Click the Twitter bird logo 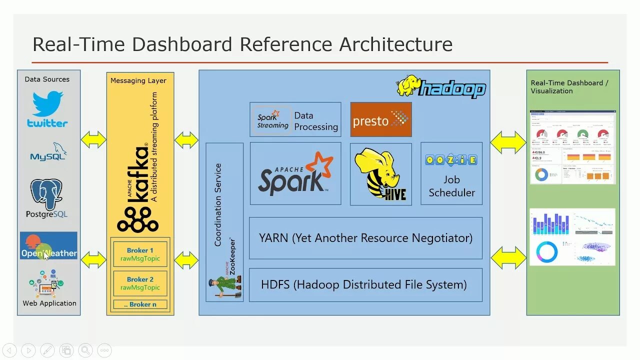pos(48,103)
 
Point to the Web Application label pos(49,303)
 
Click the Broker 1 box pos(140,254)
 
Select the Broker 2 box pos(140,283)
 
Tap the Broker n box pos(140,304)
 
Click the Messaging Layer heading pos(138,80)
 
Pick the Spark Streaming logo pos(272,119)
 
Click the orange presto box pos(380,119)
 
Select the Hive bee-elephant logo pos(380,173)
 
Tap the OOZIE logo pos(451,160)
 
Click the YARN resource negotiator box pos(365,238)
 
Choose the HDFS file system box pos(365,285)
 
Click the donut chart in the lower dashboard pos(546,252)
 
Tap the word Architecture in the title pos(396,44)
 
